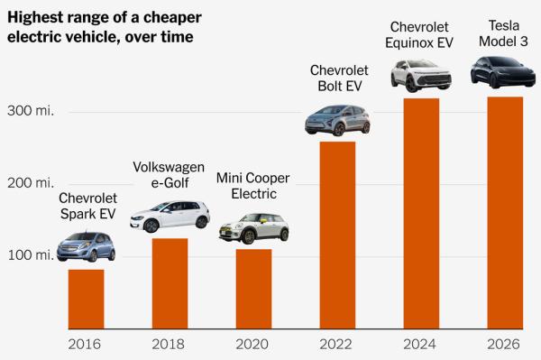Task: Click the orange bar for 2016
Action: tap(86, 299)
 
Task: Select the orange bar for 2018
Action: tap(170, 283)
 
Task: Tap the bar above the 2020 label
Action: tap(253, 289)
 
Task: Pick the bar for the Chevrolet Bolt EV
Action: tap(337, 235)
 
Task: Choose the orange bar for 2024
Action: tap(420, 213)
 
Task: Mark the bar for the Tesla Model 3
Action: tap(504, 212)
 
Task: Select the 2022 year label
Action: tap(337, 344)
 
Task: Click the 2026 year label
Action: tap(504, 344)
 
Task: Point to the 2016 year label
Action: tap(86, 344)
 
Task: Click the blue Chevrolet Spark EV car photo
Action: tap(87, 246)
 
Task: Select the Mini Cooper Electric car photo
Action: tap(253, 228)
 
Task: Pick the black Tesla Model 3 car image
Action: tap(504, 72)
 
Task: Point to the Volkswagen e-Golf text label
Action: tap(170, 175)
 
